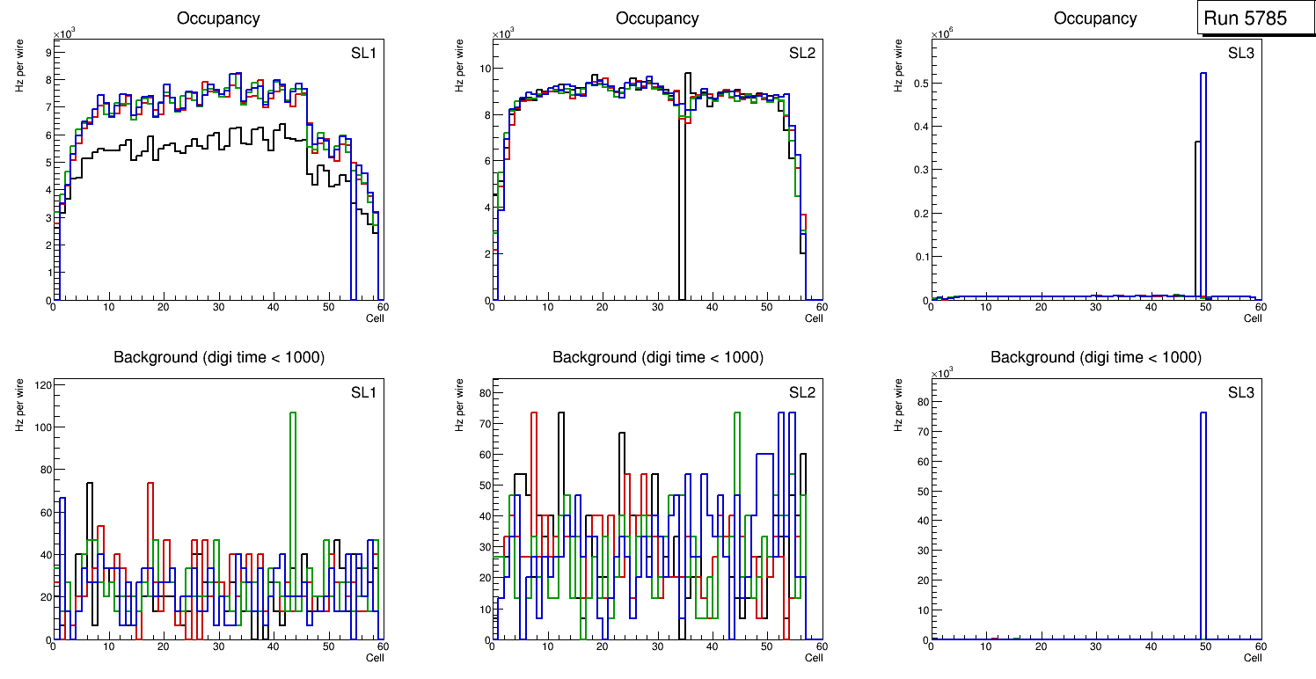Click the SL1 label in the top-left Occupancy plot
(364, 53)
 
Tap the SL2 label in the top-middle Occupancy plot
(802, 53)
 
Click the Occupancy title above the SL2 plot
(657, 18)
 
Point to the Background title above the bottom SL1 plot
(219, 357)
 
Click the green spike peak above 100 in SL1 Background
(293, 413)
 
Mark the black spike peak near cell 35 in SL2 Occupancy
(687, 74)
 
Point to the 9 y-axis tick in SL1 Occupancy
(47, 52)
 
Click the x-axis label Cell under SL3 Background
(1253, 657)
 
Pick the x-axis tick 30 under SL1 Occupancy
(218, 307)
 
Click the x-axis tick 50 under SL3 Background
(1206, 646)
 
